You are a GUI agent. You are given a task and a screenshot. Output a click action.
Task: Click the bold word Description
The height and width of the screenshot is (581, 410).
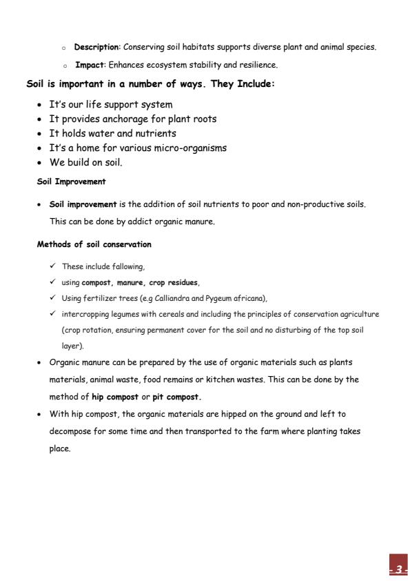(96, 47)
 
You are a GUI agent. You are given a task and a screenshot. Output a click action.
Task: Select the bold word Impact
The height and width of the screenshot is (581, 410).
(88, 65)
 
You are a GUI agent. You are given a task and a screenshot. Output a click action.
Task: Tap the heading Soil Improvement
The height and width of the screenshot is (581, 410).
(71, 182)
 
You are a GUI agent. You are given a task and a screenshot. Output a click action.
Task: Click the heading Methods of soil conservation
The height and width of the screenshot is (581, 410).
(94, 244)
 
